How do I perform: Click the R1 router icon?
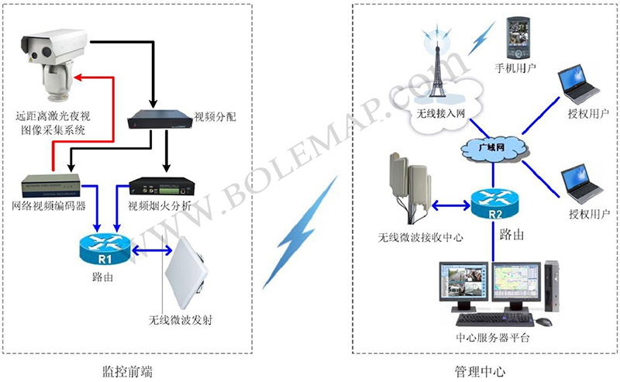coord(105,250)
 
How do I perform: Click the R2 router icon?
coord(494,204)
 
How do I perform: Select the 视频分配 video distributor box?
coord(160,119)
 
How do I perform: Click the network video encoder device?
coord(50,185)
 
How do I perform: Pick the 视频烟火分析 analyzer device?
coord(162,187)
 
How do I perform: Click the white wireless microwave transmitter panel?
coord(186,274)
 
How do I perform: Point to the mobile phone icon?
coord(518,38)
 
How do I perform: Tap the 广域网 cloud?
coord(494,148)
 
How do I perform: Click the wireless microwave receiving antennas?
coord(410,186)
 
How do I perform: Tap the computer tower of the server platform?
coord(552,286)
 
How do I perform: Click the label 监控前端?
coord(127,371)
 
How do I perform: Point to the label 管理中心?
coord(480,371)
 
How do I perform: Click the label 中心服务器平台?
coord(492,337)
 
